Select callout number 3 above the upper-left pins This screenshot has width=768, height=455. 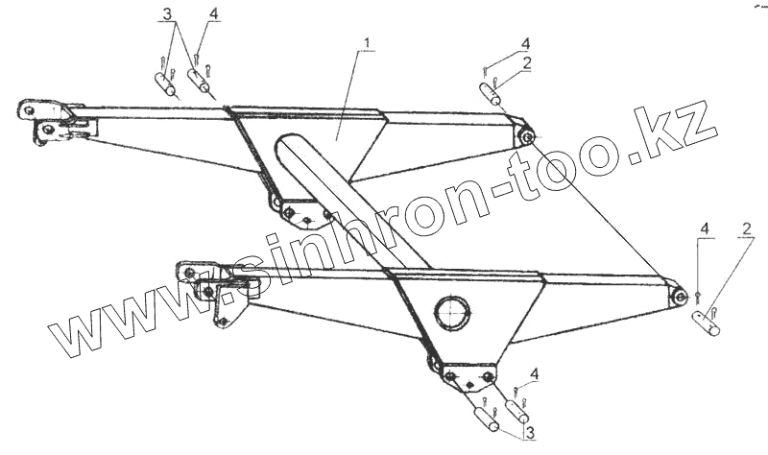(168, 15)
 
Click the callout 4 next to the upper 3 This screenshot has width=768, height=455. (213, 14)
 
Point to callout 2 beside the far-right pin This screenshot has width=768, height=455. (745, 228)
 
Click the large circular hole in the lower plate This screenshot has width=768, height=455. (453, 313)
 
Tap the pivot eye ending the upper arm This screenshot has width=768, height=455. (526, 136)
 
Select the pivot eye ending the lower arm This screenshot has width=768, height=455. (679, 298)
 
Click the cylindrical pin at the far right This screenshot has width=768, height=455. (708, 324)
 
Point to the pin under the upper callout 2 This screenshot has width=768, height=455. (491, 95)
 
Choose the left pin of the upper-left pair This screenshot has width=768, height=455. (165, 84)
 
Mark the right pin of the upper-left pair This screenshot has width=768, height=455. (200, 81)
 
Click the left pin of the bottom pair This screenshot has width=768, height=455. (485, 420)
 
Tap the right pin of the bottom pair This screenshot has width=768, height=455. (518, 411)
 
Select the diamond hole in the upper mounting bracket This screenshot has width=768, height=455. (305, 220)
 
